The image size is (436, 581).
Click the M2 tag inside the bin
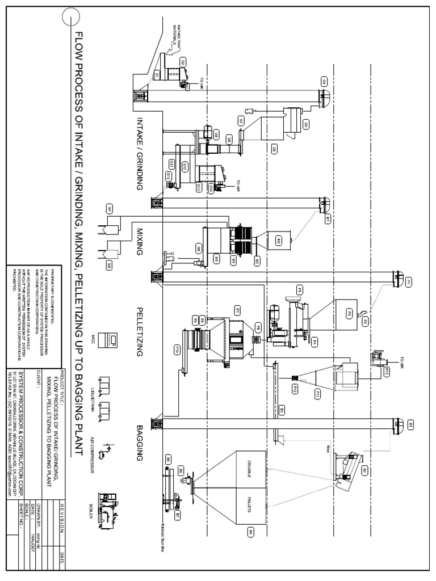pyautogui.click(x=279, y=240)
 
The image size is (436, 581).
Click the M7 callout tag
pyautogui.click(x=110, y=209)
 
